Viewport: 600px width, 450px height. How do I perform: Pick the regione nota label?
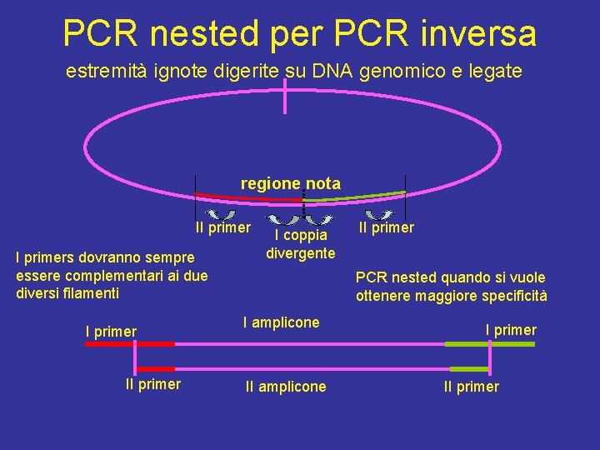291,183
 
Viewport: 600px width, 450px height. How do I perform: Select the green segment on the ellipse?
358,198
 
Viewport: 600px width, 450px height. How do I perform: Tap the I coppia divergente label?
300,244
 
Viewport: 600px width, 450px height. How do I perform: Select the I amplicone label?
281,322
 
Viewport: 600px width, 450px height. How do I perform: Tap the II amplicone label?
286,386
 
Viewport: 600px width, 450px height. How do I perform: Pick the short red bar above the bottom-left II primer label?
156,368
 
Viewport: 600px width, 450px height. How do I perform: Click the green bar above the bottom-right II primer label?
469,368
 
